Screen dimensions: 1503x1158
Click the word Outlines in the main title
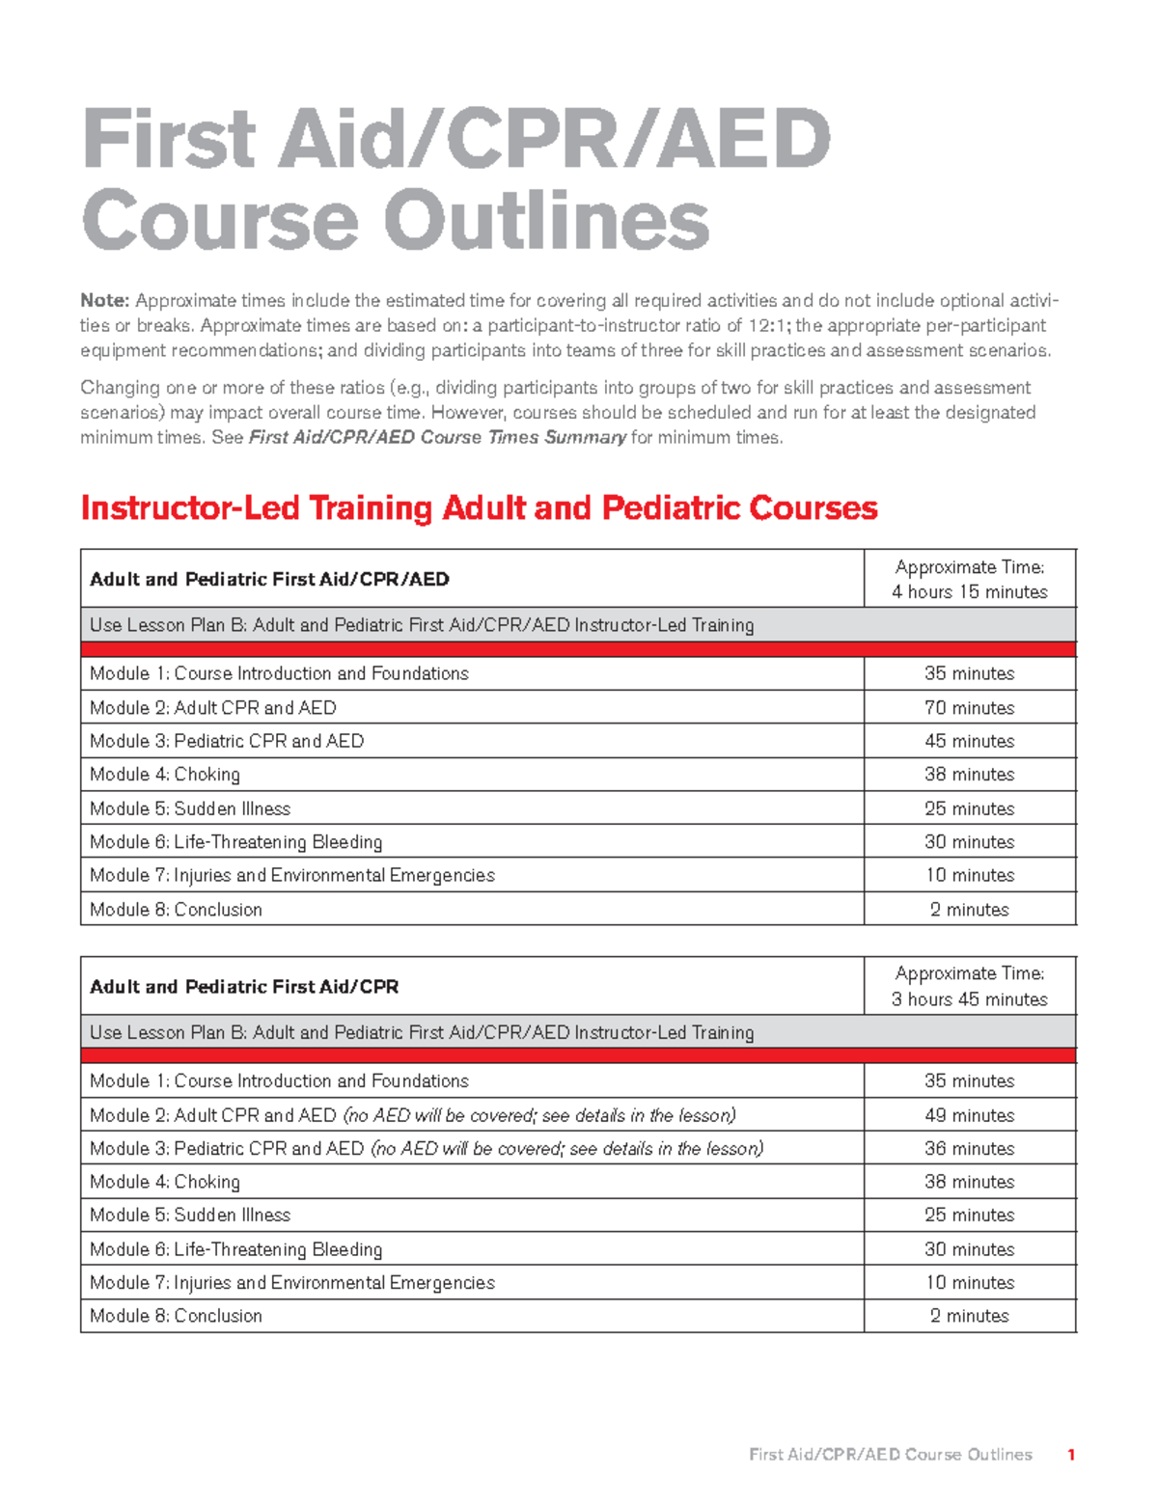pyautogui.click(x=546, y=221)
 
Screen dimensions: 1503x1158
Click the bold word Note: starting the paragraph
pyautogui.click(x=104, y=301)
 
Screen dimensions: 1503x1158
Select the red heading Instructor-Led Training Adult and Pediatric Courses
pyautogui.click(x=479, y=508)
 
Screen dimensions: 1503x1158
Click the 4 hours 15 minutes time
pyautogui.click(x=969, y=592)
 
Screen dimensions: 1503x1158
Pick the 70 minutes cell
pyautogui.click(x=969, y=708)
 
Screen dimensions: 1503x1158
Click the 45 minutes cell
pyautogui.click(x=969, y=742)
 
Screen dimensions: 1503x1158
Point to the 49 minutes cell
pyautogui.click(x=969, y=1115)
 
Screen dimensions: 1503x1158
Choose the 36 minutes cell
pyautogui.click(x=969, y=1149)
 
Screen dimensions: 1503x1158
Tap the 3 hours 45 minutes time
pyautogui.click(x=969, y=999)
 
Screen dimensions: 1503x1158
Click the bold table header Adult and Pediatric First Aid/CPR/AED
pyautogui.click(x=269, y=580)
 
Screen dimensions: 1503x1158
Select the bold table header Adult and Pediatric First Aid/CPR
pyautogui.click(x=244, y=987)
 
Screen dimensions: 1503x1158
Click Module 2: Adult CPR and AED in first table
pyautogui.click(x=213, y=708)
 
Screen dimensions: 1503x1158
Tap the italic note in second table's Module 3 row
pyautogui.click(x=566, y=1149)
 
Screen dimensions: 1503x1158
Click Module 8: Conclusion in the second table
pyautogui.click(x=176, y=1316)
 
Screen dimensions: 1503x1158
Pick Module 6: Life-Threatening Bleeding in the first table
pyautogui.click(x=235, y=842)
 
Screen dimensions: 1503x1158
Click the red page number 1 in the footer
pyautogui.click(x=1071, y=1455)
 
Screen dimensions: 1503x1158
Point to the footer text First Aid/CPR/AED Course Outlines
pyautogui.click(x=890, y=1455)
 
